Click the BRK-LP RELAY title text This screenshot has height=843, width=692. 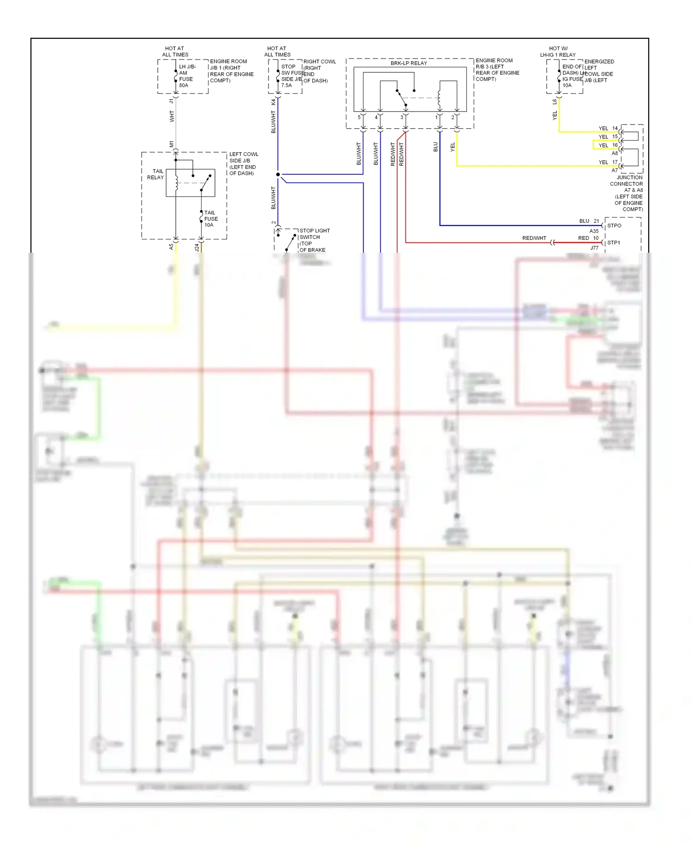point(409,63)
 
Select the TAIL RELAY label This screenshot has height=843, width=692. point(155,174)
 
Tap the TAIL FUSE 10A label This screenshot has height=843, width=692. point(211,219)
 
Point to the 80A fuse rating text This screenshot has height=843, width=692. point(184,85)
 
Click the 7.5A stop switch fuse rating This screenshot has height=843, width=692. point(286,85)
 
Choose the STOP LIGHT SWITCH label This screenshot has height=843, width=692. point(314,234)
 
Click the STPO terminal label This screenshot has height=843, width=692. point(614,226)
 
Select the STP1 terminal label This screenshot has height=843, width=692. point(614,243)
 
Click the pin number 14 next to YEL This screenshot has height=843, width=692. point(615,128)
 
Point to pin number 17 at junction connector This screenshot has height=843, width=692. point(615,162)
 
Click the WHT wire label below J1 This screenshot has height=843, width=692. point(172,116)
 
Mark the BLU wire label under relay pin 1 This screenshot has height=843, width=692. point(435,147)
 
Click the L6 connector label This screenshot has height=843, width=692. point(555,101)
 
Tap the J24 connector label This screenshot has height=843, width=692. point(197,248)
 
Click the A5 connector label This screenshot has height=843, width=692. point(172,247)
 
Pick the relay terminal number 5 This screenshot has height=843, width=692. point(359,117)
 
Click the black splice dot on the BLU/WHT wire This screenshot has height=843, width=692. point(278,174)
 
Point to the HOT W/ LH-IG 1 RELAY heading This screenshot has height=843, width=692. point(558,52)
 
